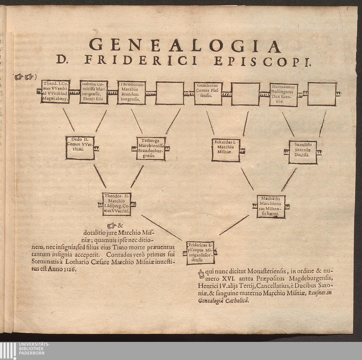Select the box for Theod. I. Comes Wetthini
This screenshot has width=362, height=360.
click(55, 92)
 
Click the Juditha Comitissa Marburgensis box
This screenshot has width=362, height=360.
click(94, 92)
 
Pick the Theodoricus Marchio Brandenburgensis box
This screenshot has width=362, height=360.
click(131, 92)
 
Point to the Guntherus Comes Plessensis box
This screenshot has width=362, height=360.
click(208, 93)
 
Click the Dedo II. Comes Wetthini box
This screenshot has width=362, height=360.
click(80, 147)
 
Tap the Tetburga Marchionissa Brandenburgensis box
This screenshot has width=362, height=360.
click(151, 148)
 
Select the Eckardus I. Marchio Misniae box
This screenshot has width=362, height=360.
click(226, 150)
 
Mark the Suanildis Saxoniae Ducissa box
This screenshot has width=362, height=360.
click(303, 152)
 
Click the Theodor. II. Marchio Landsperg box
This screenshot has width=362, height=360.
click(117, 204)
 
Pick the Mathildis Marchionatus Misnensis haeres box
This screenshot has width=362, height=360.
click(271, 206)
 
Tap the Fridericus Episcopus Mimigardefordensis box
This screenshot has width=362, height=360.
click(201, 252)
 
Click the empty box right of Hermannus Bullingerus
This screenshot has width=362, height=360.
click(322, 94)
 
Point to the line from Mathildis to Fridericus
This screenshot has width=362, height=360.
click(234, 225)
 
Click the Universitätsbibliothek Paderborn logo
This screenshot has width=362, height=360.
click(25, 351)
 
